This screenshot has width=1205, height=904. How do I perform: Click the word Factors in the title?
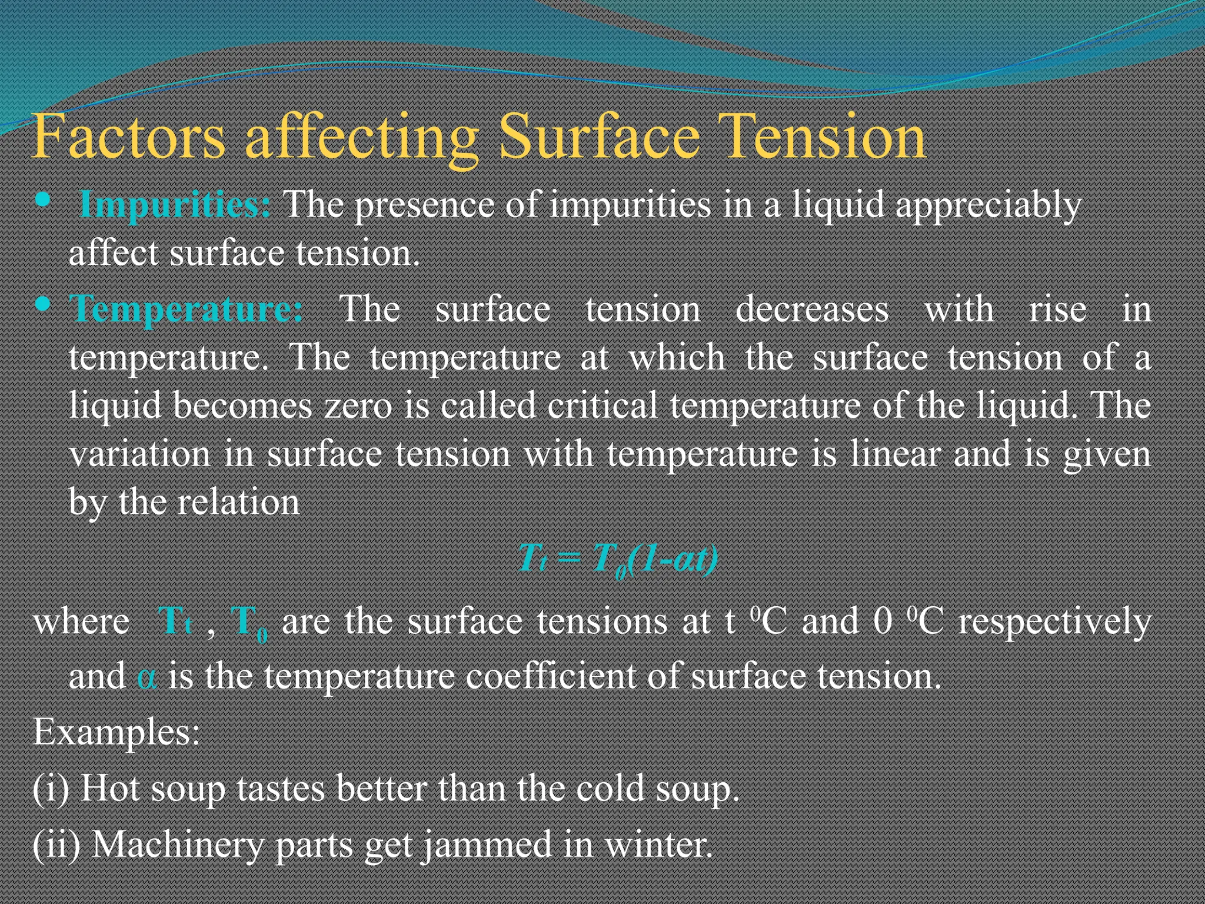pyautogui.click(x=128, y=137)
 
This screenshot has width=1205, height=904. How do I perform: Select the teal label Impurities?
pyautogui.click(x=175, y=205)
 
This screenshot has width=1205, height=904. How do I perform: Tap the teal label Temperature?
pyautogui.click(x=187, y=308)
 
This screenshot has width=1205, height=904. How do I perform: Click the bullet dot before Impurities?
pyautogui.click(x=42, y=200)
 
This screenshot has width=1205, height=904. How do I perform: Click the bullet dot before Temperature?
pyautogui.click(x=42, y=304)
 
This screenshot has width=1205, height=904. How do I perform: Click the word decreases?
pyautogui.click(x=812, y=310)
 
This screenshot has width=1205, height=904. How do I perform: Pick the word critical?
pyautogui.click(x=602, y=406)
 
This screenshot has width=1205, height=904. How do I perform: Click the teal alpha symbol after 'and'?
pyautogui.click(x=147, y=677)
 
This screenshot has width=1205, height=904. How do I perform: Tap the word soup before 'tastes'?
pyautogui.click(x=188, y=790)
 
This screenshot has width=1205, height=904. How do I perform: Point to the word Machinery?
pyautogui.click(x=178, y=845)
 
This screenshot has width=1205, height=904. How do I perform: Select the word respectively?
pyautogui.click(x=1055, y=621)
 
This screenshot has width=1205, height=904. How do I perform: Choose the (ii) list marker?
pyautogui.click(x=56, y=845)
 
